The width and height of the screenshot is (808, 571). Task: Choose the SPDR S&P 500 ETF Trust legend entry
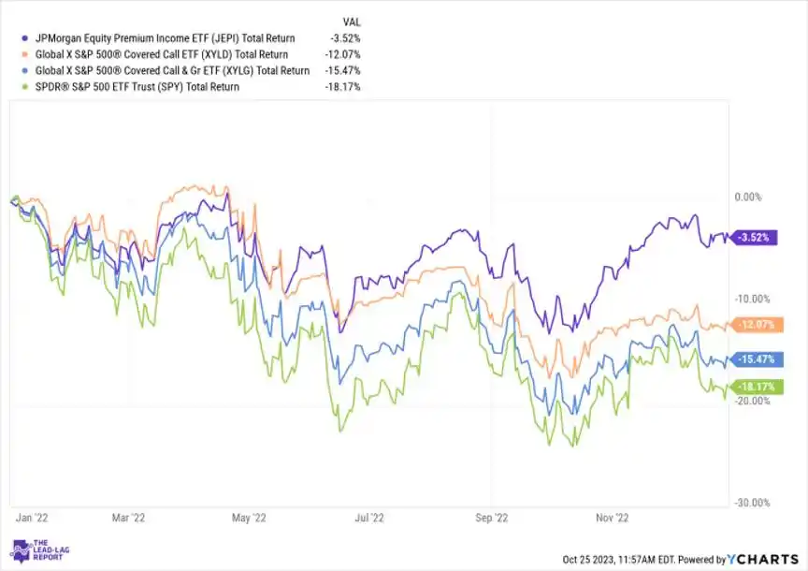[135, 86]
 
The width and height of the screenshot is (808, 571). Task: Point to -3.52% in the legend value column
[344, 38]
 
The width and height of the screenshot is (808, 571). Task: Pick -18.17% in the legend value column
[342, 86]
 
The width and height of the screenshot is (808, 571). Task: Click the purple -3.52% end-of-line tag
[753, 238]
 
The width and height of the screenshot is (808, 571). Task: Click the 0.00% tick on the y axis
[751, 198]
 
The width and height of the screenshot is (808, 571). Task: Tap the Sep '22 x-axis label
[491, 516]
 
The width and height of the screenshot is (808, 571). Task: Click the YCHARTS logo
[763, 560]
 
